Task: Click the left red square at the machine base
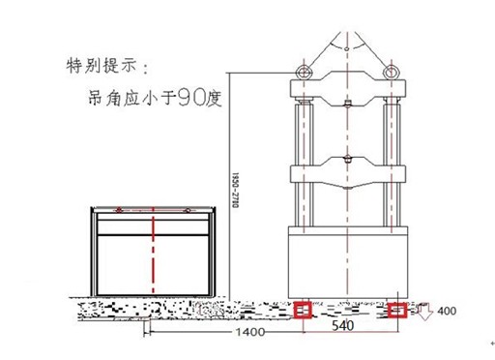(304, 311)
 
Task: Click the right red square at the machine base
(397, 311)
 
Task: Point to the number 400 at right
(447, 312)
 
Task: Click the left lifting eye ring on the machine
(303, 72)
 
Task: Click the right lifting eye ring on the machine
(393, 72)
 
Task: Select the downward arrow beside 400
(422, 312)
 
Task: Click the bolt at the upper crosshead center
(347, 101)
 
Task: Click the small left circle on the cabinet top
(118, 210)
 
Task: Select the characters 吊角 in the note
(101, 99)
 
